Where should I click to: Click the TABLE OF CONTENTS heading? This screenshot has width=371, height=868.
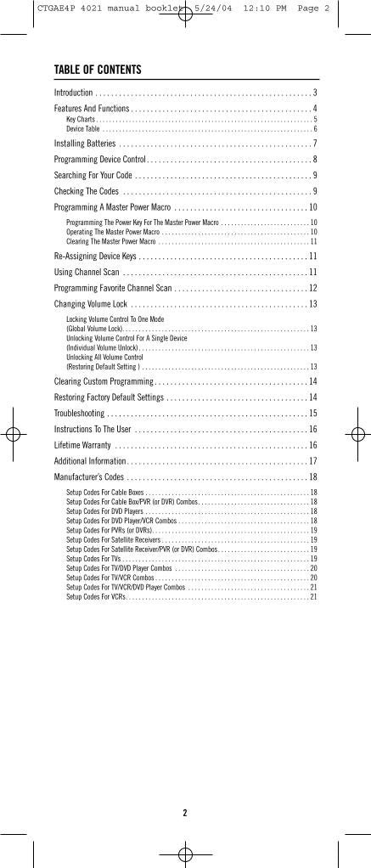[x=98, y=70]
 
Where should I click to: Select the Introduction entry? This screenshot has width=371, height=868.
[x=74, y=93]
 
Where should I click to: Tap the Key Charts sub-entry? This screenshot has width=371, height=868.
[x=81, y=120]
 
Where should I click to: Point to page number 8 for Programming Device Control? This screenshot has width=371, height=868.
[x=314, y=159]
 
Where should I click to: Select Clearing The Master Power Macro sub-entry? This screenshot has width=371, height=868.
[x=111, y=241]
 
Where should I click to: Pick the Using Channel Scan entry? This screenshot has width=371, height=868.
[x=87, y=272]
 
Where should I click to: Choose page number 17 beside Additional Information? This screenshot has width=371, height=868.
[x=312, y=461]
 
